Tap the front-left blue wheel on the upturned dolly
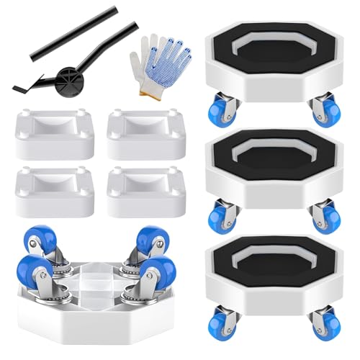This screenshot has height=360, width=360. click(x=35, y=274)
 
